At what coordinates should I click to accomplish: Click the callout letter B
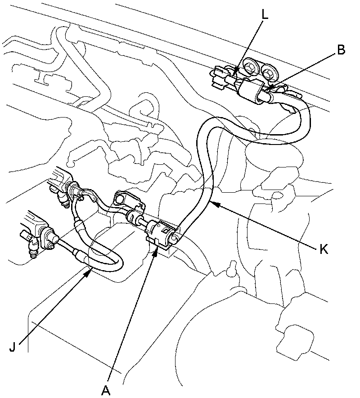point(341,50)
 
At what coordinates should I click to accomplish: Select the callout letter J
point(14,348)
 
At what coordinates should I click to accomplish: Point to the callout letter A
point(106,390)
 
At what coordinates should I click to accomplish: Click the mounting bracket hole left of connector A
point(121,198)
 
